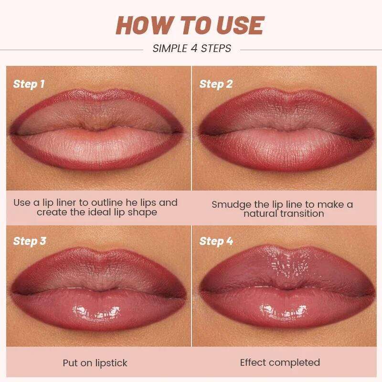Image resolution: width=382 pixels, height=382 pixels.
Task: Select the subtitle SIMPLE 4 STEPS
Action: click(x=191, y=48)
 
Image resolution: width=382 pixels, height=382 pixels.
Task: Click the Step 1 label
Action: click(x=29, y=85)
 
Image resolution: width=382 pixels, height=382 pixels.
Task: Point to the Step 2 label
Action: click(x=216, y=85)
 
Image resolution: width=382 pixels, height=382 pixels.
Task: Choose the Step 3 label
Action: click(x=29, y=241)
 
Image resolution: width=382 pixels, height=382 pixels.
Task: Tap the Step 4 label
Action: click(x=216, y=241)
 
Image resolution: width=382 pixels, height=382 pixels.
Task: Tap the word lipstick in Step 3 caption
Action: click(x=109, y=363)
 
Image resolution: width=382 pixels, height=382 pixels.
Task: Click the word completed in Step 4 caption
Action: click(x=297, y=363)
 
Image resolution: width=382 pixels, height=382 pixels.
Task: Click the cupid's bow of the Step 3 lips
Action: click(x=99, y=252)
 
